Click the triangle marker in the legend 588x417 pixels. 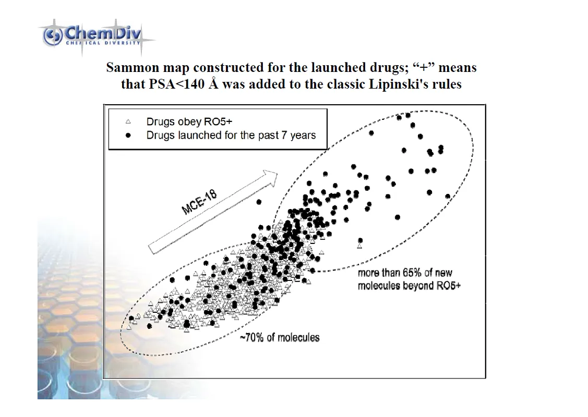(128, 122)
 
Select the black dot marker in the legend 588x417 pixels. (128, 136)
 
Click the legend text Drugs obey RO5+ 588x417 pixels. (189, 121)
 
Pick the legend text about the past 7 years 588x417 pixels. (231, 136)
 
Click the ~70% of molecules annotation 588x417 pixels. (280, 337)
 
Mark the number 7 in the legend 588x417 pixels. (282, 136)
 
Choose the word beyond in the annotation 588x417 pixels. (416, 286)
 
